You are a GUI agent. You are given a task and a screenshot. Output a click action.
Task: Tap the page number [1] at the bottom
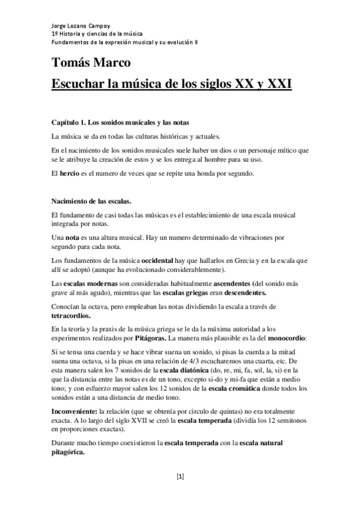coord(180,477)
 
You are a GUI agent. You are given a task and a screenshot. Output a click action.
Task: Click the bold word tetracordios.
coord(72,316)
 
